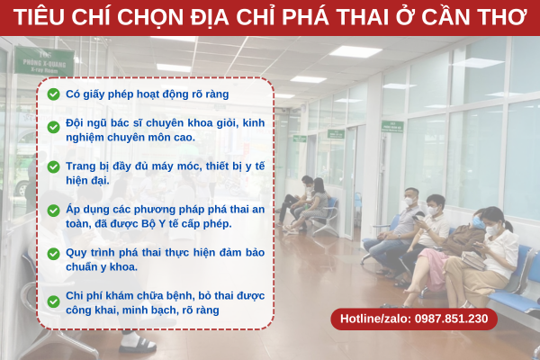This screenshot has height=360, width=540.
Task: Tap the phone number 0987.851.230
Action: point(451,319)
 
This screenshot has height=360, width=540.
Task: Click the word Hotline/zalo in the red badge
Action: point(375,319)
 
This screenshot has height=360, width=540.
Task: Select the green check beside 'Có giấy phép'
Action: point(53,94)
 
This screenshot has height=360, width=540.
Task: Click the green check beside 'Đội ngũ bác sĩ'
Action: point(53,127)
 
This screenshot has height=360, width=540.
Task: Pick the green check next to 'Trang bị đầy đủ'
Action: point(53,167)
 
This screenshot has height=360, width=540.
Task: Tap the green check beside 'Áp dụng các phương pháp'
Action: point(53,211)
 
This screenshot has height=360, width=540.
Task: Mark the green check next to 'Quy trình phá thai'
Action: point(53,254)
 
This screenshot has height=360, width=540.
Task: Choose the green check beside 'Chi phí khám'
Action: point(53,301)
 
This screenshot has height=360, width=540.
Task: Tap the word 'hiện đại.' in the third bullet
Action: point(87,181)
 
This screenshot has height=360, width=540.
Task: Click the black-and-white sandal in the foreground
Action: point(137,343)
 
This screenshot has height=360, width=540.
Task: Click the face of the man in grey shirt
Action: point(410,198)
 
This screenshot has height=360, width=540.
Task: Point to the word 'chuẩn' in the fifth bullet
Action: point(81,267)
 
